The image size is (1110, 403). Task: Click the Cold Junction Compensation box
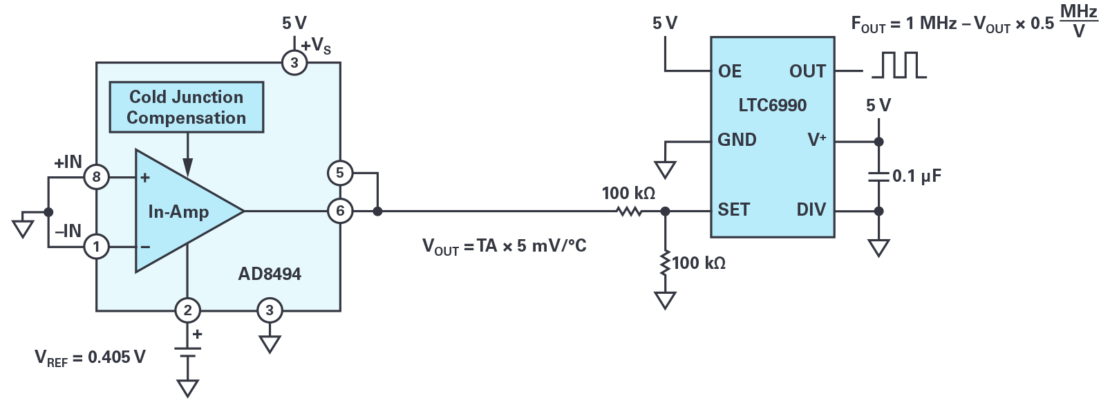[x=187, y=107]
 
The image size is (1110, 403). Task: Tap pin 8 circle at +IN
[x=96, y=177]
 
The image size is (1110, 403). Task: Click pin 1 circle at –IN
[x=96, y=246]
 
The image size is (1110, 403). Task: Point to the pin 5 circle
[x=339, y=173]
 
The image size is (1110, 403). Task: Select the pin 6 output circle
[x=339, y=211]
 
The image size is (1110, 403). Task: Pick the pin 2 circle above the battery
[x=187, y=310]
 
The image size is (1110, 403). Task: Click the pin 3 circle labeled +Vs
[x=294, y=63]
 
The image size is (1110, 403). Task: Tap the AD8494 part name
[x=270, y=274]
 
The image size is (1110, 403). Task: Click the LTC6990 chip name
[x=772, y=106]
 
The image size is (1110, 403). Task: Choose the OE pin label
[x=730, y=71]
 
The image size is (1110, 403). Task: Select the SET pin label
[x=733, y=209]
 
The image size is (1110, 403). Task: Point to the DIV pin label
[x=811, y=209]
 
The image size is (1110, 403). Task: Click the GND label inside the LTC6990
[x=737, y=140]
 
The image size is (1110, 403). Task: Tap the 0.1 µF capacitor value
[x=916, y=176]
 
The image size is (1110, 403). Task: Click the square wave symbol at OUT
[x=899, y=66]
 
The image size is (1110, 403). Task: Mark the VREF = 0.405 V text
[x=90, y=358]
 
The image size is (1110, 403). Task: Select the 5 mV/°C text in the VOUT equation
[x=552, y=246]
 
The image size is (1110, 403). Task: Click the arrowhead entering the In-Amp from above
[x=187, y=167]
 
